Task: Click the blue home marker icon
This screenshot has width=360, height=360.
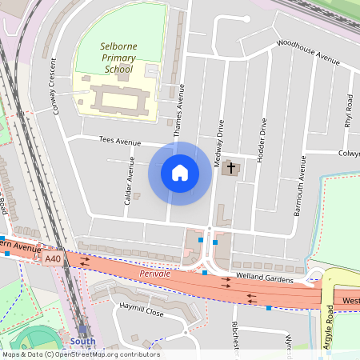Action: click(180, 173)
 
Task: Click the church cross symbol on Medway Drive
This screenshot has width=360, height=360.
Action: click(232, 168)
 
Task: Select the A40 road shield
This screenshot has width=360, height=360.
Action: click(53, 259)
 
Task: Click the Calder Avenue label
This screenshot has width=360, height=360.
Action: click(128, 179)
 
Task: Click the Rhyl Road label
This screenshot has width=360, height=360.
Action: click(348, 111)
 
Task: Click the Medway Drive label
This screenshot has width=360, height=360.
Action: click(218, 142)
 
